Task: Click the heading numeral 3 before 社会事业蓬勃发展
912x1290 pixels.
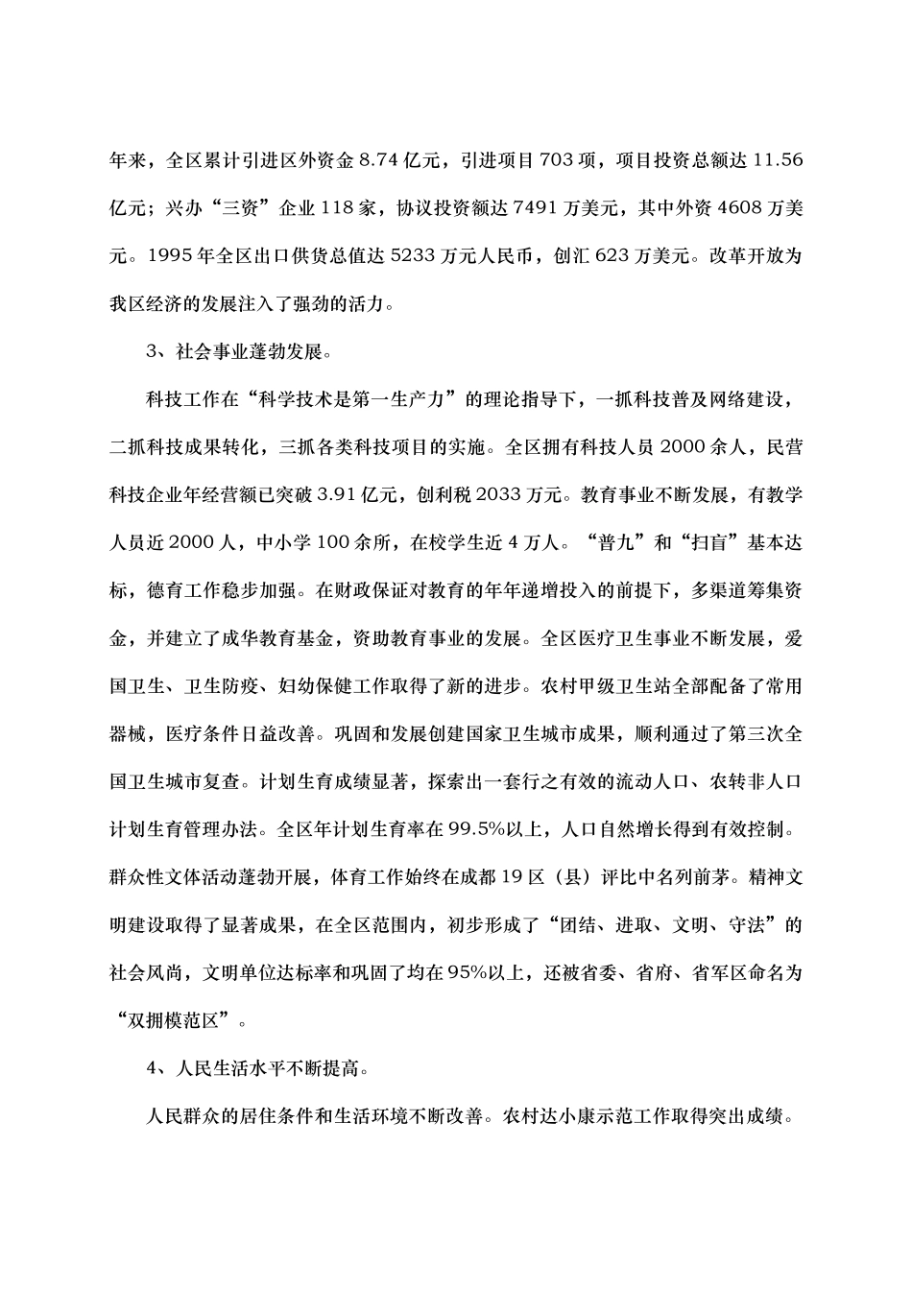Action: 152,351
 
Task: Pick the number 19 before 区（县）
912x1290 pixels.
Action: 515,877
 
